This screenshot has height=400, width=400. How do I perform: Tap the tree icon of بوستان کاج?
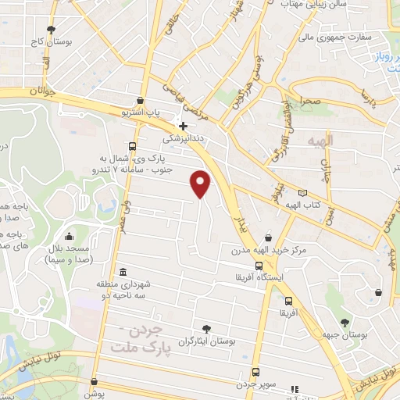tap(51, 30)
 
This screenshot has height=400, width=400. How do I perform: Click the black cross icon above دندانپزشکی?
tap(183, 125)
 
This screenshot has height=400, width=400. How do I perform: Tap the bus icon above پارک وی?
tap(133, 146)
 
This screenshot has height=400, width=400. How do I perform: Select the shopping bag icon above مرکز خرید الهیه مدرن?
tap(269, 237)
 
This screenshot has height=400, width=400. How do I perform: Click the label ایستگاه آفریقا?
tap(264, 277)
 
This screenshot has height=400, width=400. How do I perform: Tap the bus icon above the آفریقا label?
tap(289, 301)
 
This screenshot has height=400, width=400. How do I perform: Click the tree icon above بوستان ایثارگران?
tap(206, 329)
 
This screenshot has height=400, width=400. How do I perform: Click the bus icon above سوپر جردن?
tap(255, 373)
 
